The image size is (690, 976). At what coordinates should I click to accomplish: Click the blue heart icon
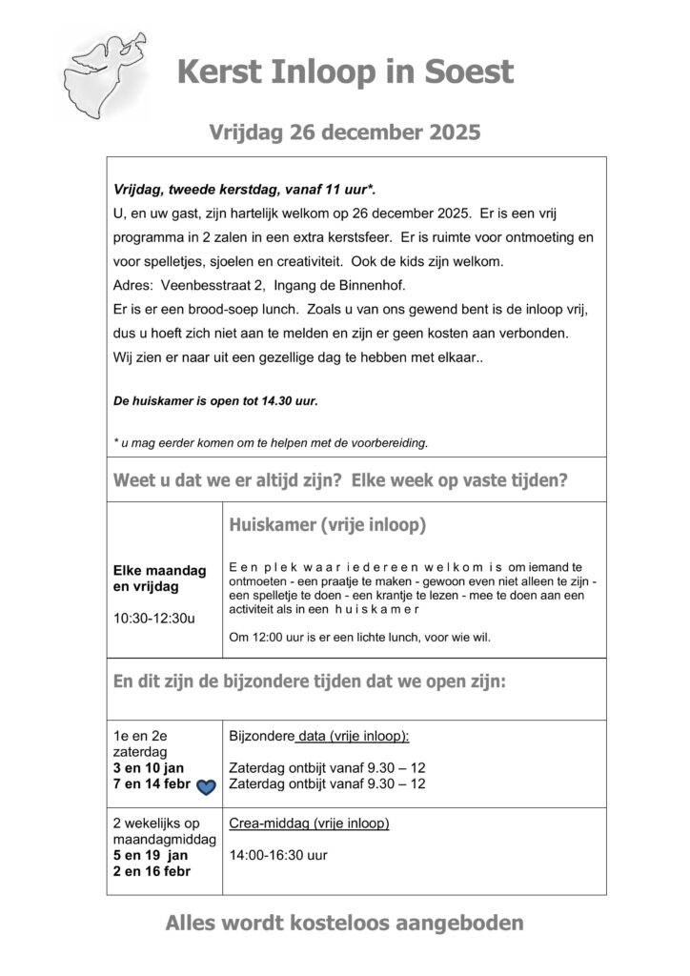(206, 785)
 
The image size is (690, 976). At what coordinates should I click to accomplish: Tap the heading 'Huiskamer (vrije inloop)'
(327, 525)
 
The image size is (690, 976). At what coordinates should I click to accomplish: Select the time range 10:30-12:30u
(153, 618)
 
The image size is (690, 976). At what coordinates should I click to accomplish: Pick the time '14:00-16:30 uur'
(277, 855)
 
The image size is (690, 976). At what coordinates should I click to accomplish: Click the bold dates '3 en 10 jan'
(149, 768)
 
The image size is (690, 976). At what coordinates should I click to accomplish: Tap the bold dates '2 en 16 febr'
(152, 871)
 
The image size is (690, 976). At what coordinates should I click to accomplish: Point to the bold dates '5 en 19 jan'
(151, 855)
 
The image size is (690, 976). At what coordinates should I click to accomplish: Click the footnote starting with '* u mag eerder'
(271, 442)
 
